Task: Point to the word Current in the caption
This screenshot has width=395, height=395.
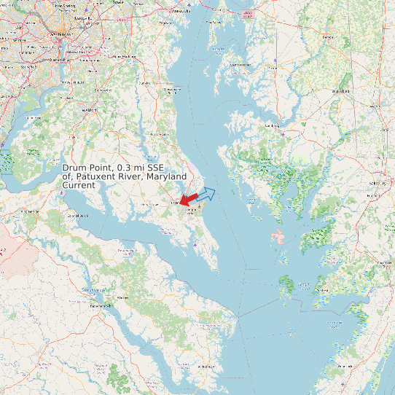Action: coord(79,186)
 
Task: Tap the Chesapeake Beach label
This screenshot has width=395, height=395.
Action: coord(172,90)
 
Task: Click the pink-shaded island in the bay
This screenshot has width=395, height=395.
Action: coord(278,236)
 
